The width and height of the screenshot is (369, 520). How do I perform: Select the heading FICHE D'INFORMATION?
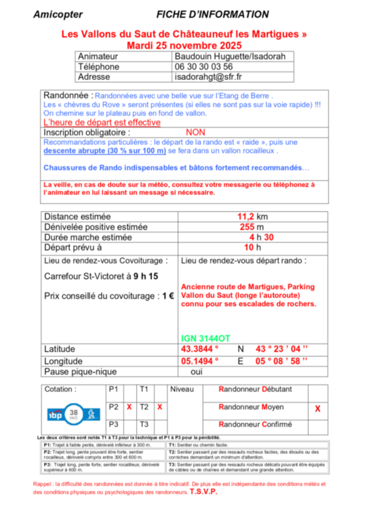coord(212,14)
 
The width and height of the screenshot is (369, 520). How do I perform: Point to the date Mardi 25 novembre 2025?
coord(184,43)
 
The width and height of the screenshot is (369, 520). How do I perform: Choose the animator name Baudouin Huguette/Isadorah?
coord(230,56)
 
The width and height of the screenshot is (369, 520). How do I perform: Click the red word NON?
coord(195,133)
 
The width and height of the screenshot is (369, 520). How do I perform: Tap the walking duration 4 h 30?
coord(260,238)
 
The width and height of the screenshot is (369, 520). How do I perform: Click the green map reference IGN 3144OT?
coord(206,339)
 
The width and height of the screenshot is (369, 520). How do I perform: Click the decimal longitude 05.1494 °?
coord(199,361)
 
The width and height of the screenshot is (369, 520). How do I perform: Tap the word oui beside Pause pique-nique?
coord(197,372)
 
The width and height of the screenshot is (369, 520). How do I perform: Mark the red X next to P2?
coord(129,408)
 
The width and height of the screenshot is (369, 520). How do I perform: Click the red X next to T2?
coord(159,408)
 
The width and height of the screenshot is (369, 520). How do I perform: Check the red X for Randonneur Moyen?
coord(317,409)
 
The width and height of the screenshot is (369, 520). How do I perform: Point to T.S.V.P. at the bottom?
coord(203,492)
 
